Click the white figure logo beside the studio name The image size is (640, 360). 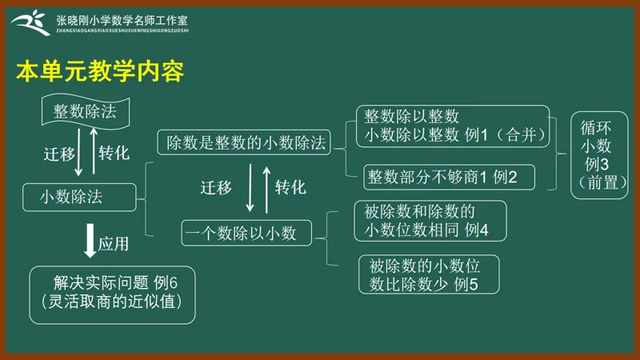(x=31, y=23)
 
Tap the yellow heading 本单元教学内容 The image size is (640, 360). (x=100, y=71)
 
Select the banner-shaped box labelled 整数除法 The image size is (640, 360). (x=86, y=111)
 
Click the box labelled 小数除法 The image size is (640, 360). (x=79, y=197)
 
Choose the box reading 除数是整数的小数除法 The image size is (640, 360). (x=244, y=142)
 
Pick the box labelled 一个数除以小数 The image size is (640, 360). (x=246, y=233)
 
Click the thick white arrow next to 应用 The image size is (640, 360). (x=90, y=241)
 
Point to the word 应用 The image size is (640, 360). (x=114, y=244)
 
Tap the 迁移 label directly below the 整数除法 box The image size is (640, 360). (x=59, y=154)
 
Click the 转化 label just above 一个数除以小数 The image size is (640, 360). (x=290, y=187)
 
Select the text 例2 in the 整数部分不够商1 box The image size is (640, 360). (x=505, y=177)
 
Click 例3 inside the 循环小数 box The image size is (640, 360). (x=596, y=164)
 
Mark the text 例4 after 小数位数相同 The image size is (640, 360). (x=476, y=230)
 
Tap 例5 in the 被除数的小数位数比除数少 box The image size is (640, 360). (x=466, y=284)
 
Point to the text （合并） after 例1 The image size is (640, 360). (x=521, y=134)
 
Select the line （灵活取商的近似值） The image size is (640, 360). (x=112, y=302)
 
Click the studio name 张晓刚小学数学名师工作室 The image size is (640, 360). (x=122, y=21)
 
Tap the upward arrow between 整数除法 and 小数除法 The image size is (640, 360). (x=94, y=151)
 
